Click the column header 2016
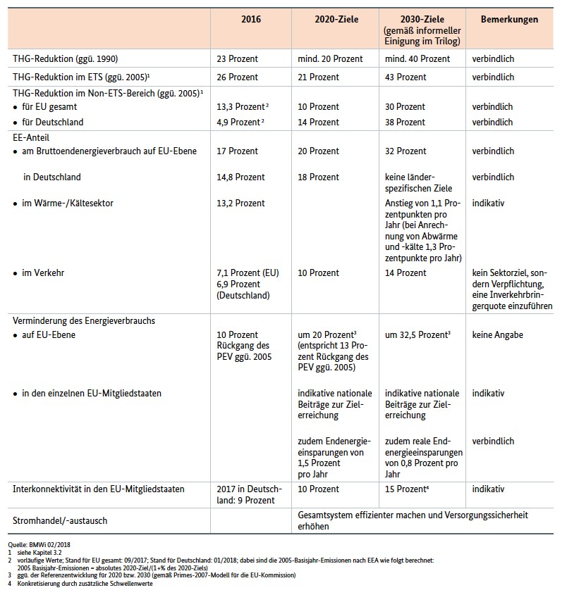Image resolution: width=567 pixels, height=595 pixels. click(x=250, y=20)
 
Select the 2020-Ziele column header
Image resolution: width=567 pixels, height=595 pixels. click(x=336, y=20)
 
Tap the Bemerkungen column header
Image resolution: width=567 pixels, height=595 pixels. click(x=509, y=20)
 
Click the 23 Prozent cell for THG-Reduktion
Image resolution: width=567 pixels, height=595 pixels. click(x=238, y=59)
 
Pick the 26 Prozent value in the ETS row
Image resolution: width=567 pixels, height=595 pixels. click(x=238, y=77)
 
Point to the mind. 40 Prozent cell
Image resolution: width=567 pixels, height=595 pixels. click(x=417, y=59)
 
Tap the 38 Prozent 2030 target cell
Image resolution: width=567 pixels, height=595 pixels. click(x=405, y=122)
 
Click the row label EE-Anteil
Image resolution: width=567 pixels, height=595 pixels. click(x=31, y=137)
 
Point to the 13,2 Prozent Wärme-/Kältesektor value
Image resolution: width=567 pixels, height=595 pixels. click(x=240, y=203)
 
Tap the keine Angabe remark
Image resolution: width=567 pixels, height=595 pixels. click(x=497, y=335)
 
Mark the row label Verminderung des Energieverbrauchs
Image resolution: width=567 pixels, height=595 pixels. click(x=84, y=320)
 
